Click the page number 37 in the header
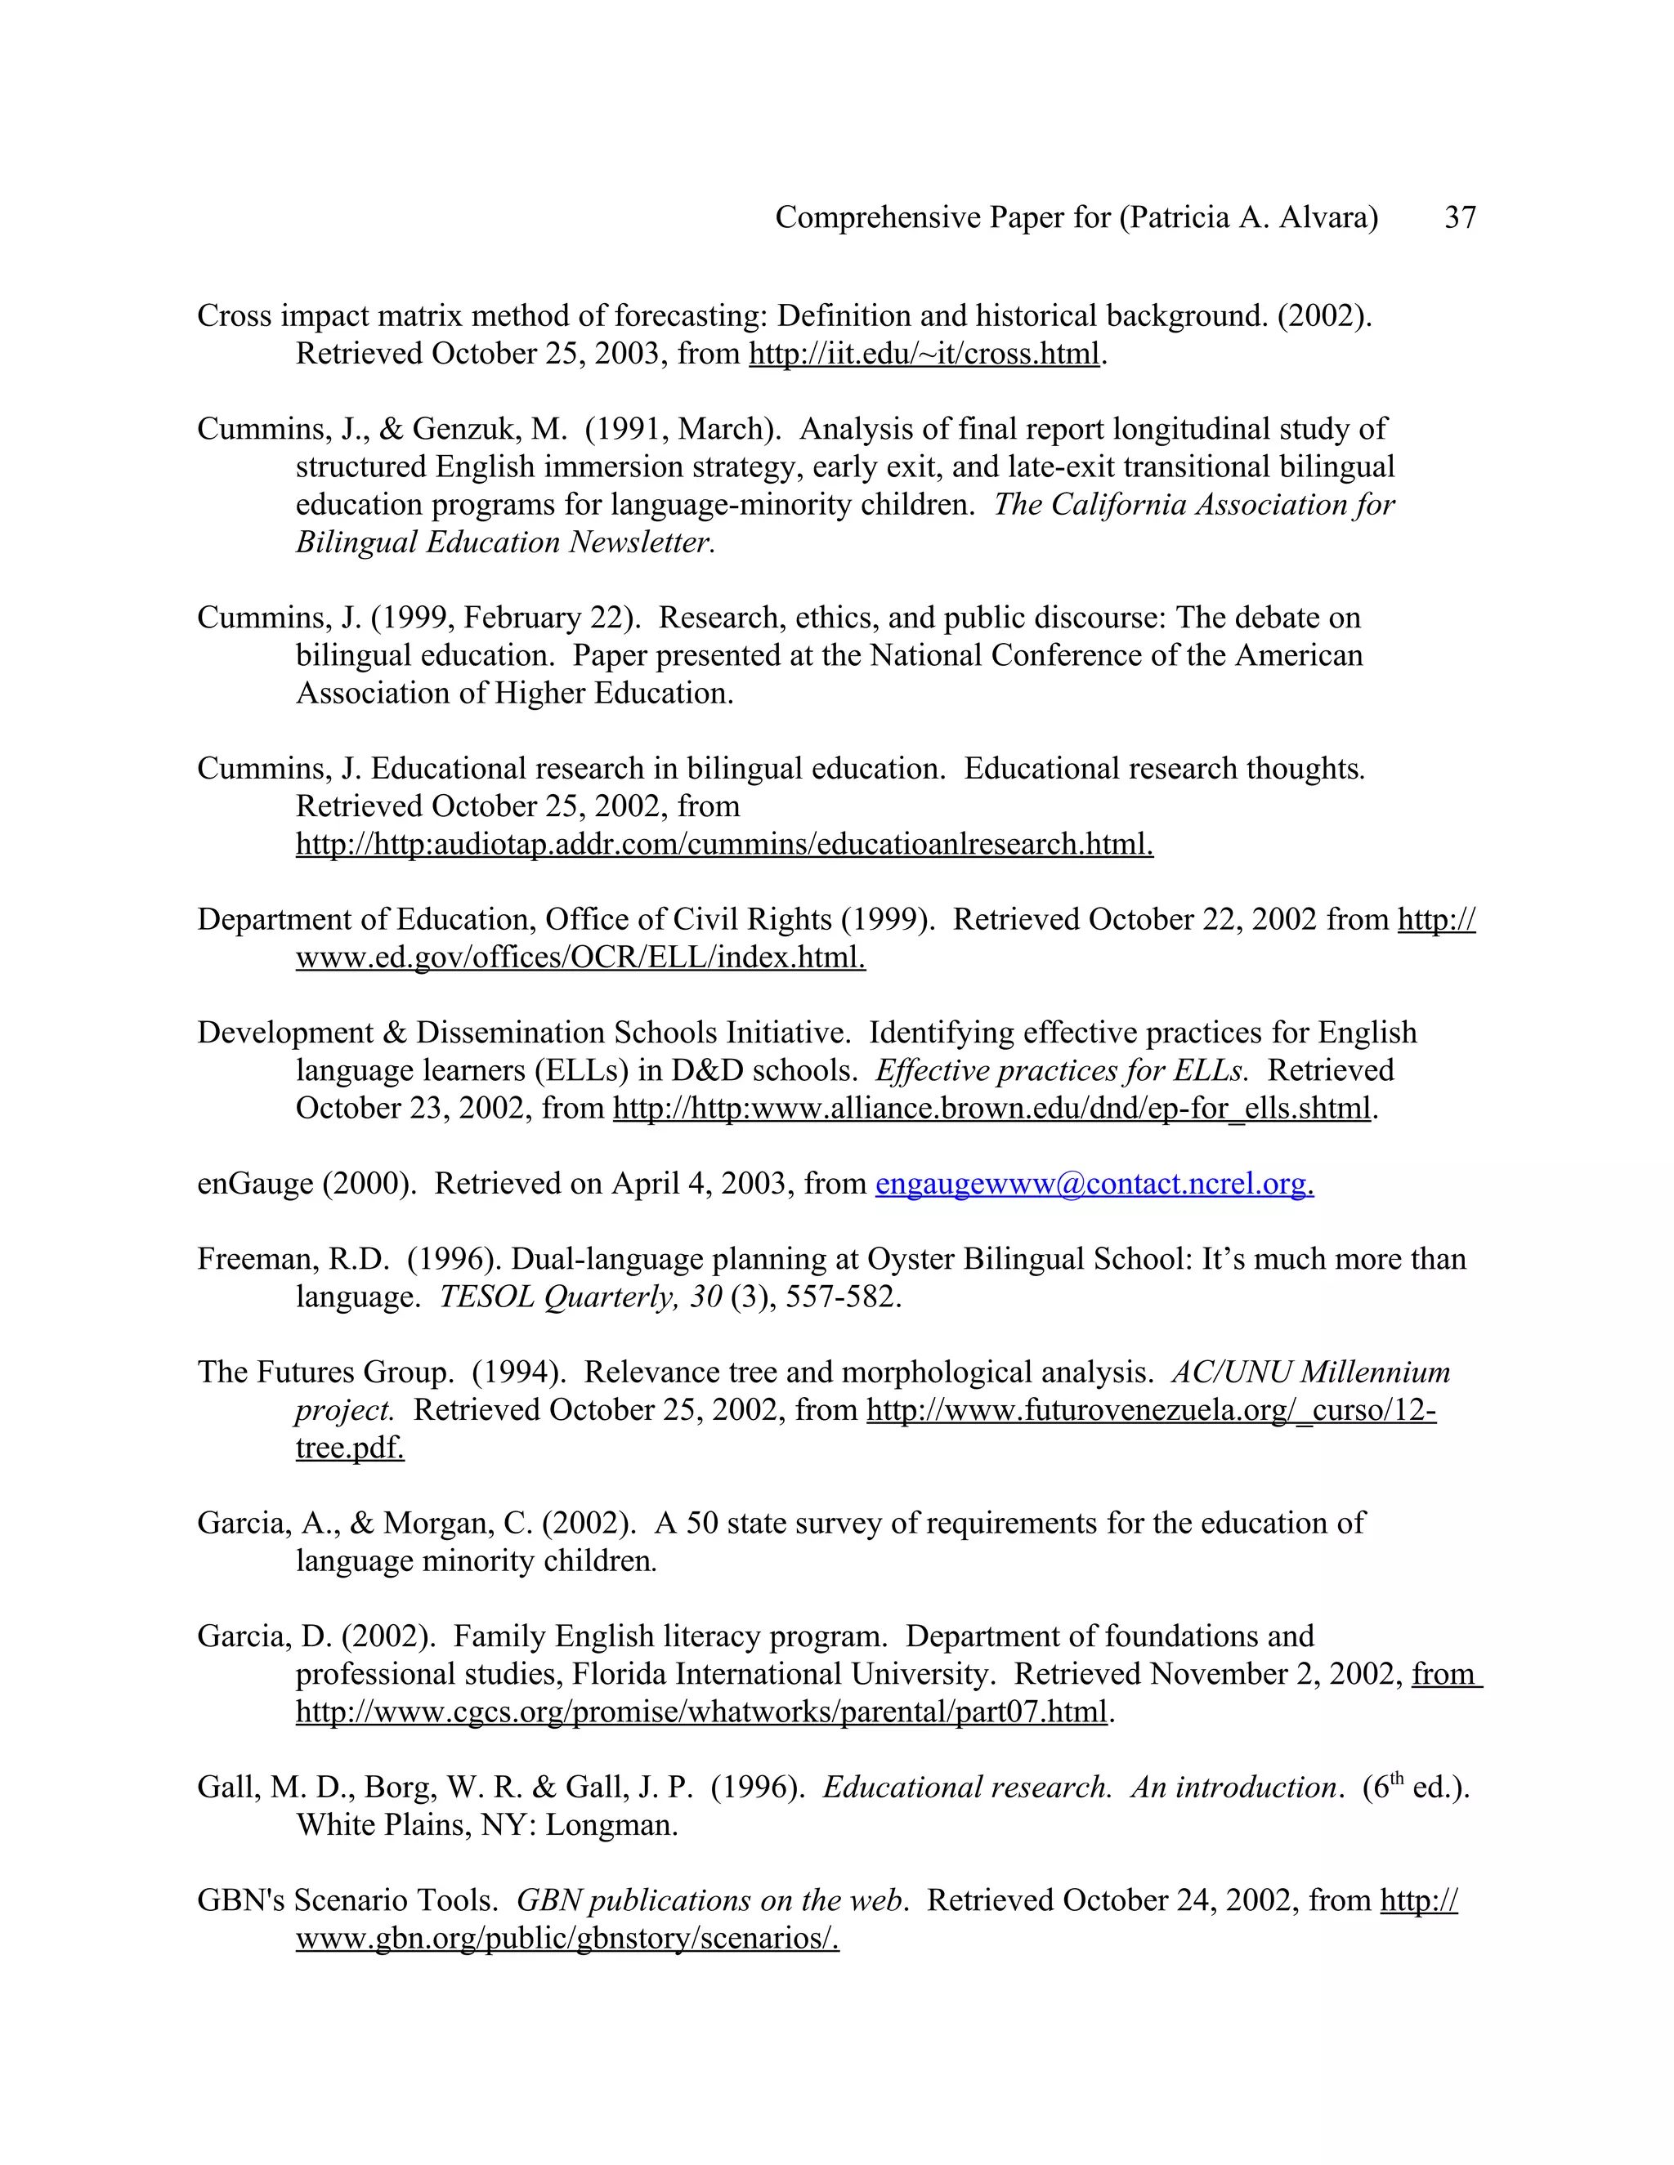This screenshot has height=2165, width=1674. click(1460, 217)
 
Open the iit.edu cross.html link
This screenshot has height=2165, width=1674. click(924, 354)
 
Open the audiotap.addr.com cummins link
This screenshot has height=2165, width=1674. click(724, 845)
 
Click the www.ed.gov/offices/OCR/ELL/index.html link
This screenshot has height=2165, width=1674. click(580, 958)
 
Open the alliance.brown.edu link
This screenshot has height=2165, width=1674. click(991, 1109)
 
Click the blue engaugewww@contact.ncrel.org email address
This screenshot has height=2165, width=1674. click(1094, 1184)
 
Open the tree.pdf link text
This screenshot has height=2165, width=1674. click(350, 1449)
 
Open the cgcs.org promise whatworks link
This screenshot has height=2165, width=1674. click(701, 1712)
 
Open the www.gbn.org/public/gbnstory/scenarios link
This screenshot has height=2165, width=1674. click(567, 1938)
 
